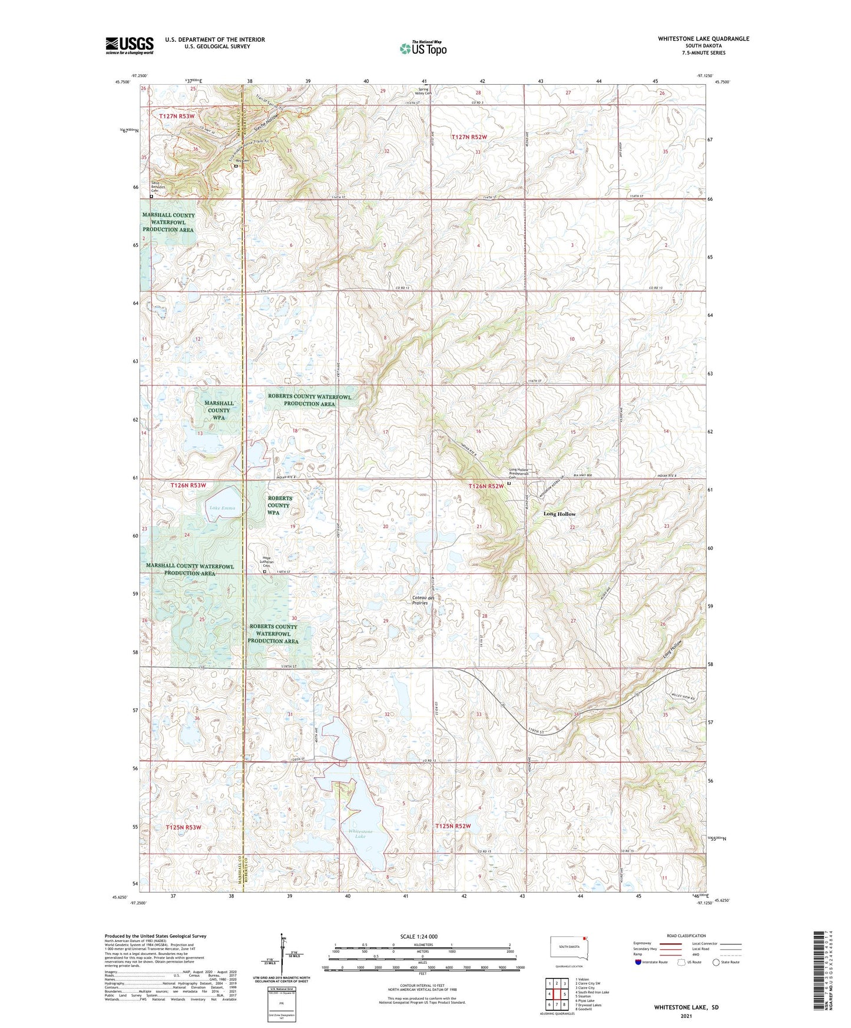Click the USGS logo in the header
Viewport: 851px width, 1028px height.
coord(130,45)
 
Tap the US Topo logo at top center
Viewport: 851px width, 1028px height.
coord(423,48)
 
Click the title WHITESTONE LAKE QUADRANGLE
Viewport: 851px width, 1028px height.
coord(703,39)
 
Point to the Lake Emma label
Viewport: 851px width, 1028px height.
coord(222,508)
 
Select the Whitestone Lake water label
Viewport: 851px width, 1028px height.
coord(360,834)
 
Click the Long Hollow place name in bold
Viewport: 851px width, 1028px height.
coord(559,514)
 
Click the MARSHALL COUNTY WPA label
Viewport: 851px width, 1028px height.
coord(218,410)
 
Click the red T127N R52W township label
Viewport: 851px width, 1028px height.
coord(469,137)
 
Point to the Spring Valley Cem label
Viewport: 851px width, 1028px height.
coord(423,91)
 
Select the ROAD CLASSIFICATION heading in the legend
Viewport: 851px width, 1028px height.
coord(687,936)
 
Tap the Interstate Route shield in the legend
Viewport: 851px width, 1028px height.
coord(639,962)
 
